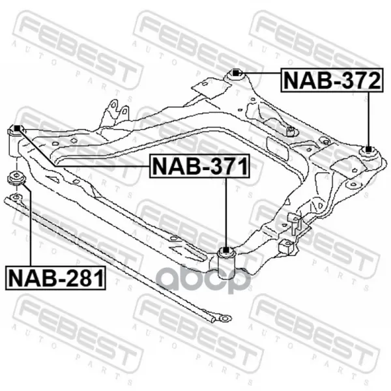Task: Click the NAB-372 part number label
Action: pos(332,80)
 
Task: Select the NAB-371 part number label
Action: pos(199,166)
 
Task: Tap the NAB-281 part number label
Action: pos(55,278)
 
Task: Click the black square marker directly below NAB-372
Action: pos(368,149)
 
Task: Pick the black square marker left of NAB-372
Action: pos(235,73)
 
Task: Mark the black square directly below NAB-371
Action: pos(225,250)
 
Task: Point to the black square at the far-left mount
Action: pos(17,128)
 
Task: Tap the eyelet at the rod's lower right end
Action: pos(225,318)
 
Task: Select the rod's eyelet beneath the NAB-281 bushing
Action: pos(16,197)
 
